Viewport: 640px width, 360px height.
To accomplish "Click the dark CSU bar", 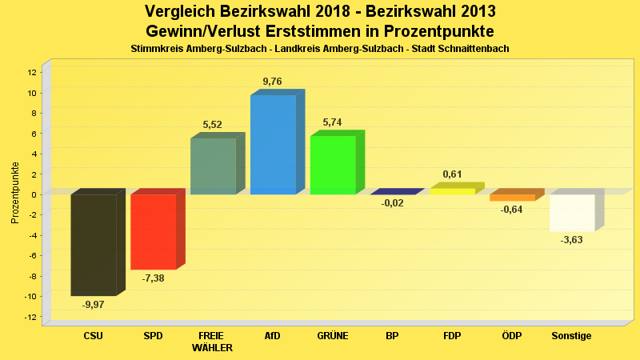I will click(94, 245).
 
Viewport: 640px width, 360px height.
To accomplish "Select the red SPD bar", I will click(153, 232).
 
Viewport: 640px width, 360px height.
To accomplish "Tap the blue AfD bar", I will click(273, 145).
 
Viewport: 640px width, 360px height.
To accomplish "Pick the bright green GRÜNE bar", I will click(333, 165).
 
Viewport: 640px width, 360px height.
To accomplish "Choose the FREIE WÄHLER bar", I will click(213, 166).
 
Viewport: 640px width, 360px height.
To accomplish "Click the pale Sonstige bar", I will click(572, 213).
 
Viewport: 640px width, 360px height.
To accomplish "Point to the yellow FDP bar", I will click(452, 191).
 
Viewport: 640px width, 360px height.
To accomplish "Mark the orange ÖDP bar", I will click(512, 198).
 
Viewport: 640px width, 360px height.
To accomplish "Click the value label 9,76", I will click(272, 82).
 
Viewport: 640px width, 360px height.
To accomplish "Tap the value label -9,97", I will click(94, 305).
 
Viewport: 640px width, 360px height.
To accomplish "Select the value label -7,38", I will click(153, 278).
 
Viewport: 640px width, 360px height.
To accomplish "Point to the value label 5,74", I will click(332, 122).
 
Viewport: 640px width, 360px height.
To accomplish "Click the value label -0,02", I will click(392, 203).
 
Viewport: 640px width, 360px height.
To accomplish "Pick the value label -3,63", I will click(571, 240).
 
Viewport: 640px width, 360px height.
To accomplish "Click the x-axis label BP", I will click(392, 336).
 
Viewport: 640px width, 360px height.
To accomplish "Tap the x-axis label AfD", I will click(272, 336).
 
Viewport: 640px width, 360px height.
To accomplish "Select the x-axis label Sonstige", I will click(571, 336).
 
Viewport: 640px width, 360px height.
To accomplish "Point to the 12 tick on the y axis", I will click(32, 72).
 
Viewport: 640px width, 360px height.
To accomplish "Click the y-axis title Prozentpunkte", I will click(14, 193).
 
